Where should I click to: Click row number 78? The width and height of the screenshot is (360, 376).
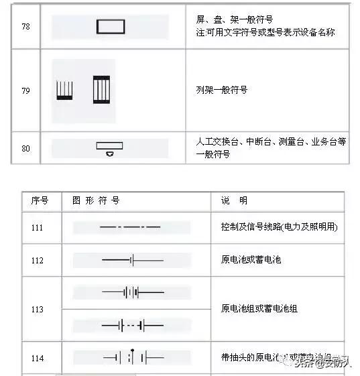(x=25, y=26)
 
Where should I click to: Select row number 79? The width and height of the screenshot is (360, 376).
(x=25, y=90)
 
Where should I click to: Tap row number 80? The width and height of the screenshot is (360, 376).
(x=25, y=148)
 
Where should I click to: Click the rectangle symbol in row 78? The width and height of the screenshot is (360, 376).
(x=111, y=26)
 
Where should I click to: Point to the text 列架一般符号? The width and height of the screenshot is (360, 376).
(x=221, y=90)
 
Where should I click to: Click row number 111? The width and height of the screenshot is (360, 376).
(x=37, y=228)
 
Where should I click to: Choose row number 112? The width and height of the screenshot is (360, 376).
(x=37, y=259)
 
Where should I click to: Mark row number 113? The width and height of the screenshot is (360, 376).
(x=37, y=310)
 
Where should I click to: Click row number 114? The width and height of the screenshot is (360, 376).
(x=37, y=359)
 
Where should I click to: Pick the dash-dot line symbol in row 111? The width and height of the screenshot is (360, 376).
(x=130, y=228)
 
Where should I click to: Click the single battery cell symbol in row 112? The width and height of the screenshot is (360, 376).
(x=132, y=259)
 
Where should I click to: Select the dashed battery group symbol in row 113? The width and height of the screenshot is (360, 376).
(x=132, y=326)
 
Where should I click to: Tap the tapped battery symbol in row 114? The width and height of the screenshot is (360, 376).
(x=133, y=357)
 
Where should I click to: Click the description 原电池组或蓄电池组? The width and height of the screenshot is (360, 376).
(x=259, y=309)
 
